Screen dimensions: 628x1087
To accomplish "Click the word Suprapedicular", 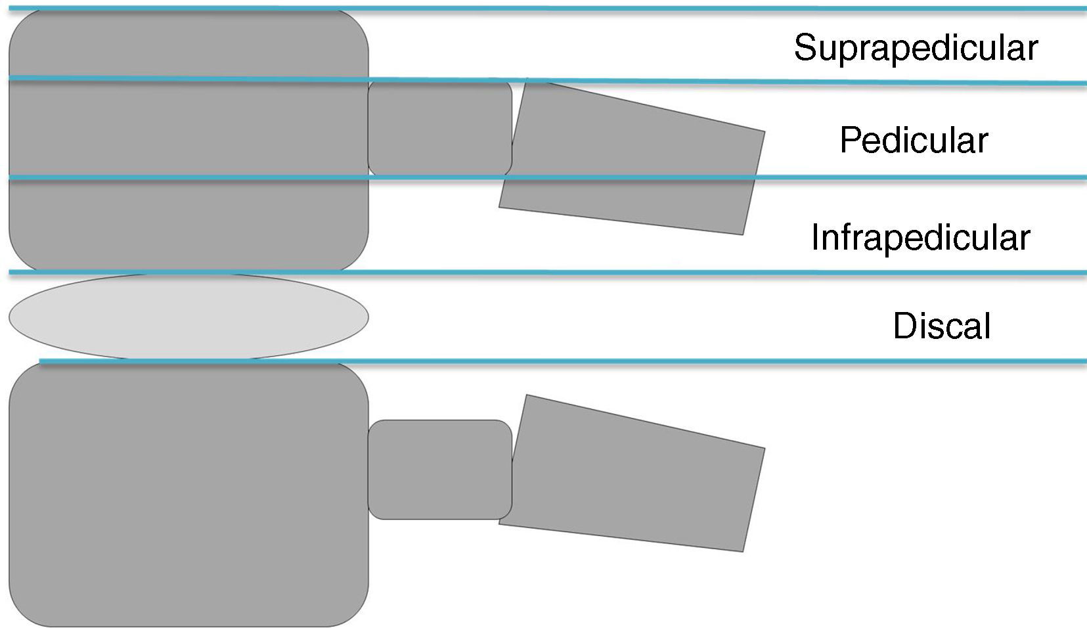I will [916, 48].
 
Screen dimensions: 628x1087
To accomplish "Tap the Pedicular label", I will [914, 141].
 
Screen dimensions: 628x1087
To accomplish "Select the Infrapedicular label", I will [920, 237].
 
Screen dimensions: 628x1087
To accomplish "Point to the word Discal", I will [941, 326].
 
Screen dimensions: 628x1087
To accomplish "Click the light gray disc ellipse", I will [189, 317].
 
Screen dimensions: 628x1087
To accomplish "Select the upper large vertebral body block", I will [189, 131].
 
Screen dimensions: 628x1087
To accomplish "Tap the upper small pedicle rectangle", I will [439, 128].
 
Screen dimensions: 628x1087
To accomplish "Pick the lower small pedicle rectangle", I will [439, 470].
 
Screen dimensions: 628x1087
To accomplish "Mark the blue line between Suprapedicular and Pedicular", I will [657, 81].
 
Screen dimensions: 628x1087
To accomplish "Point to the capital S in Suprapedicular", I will [805, 48].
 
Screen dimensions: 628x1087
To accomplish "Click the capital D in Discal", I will [904, 326].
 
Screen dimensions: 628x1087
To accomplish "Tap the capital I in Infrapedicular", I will [815, 237].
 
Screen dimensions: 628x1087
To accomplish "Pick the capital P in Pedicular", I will [850, 141].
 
